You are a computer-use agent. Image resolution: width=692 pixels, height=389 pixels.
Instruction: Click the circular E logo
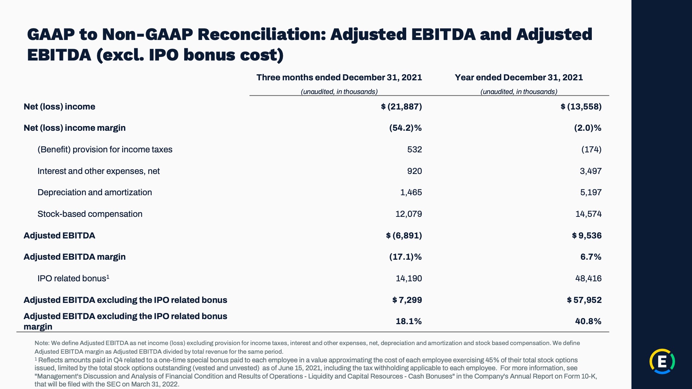point(662,361)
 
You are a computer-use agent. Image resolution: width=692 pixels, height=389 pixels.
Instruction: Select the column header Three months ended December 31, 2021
point(339,77)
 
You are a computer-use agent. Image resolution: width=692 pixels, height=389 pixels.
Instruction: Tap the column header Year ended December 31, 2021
point(519,77)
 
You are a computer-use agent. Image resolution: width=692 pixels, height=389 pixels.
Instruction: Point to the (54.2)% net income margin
point(405,128)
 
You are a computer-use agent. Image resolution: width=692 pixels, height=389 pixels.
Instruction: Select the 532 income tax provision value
point(414,149)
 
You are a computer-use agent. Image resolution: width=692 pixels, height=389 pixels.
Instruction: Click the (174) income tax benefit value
point(591,149)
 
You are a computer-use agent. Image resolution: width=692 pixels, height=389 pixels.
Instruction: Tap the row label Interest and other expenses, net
point(98,171)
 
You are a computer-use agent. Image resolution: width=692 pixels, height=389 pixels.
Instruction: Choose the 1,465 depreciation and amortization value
point(411,192)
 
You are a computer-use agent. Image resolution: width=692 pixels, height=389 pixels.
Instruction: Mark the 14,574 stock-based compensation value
point(588,214)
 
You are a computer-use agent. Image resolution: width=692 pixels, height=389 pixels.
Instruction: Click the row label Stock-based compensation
point(90,214)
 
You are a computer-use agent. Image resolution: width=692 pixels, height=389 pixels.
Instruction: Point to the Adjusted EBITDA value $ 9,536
point(586,236)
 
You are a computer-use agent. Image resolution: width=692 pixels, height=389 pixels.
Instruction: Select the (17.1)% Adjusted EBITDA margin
point(405,257)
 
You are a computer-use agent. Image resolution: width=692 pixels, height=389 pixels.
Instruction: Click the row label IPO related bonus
point(73,278)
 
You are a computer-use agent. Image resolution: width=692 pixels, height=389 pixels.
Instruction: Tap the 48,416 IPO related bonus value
point(588,278)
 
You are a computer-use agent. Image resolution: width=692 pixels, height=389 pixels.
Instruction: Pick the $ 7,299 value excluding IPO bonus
point(407,300)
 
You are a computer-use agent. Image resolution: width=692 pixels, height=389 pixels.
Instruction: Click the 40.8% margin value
point(588,321)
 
